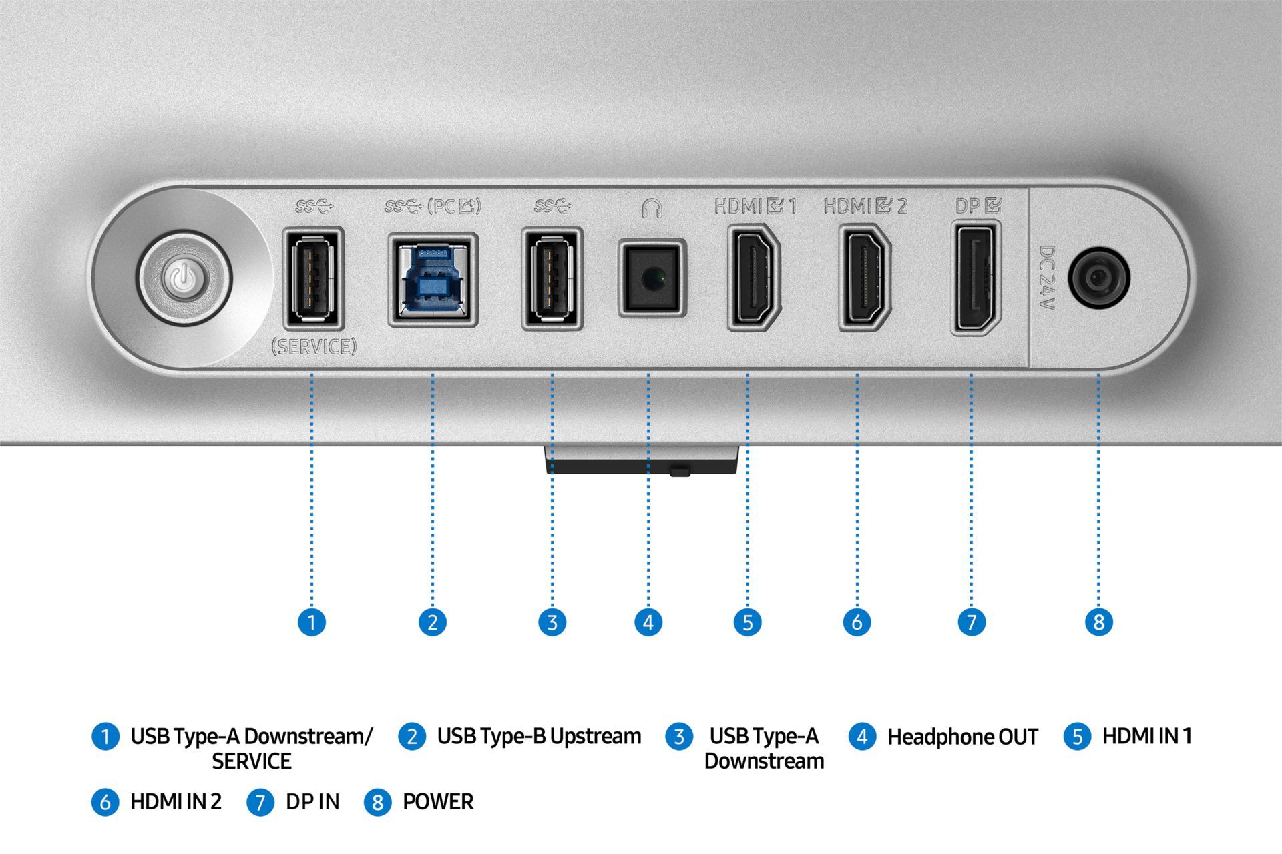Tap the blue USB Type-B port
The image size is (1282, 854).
coord(433,279)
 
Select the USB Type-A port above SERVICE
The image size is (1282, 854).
coord(313,278)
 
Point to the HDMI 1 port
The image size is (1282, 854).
coord(754,278)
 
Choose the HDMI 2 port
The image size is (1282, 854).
coord(865,278)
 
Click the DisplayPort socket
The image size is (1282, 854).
coord(976,279)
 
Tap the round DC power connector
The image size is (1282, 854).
coord(1099,278)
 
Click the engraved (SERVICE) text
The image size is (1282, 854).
coord(314,346)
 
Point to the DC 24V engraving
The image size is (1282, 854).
coord(1047,278)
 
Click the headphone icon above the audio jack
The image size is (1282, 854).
coord(652,209)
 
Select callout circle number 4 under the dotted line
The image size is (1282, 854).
coord(648,622)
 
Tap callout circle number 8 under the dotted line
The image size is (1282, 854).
coord(1099,622)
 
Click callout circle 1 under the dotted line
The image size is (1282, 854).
coord(311,622)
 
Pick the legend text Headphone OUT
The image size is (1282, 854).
coord(962,737)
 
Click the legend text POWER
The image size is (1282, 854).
coord(438,801)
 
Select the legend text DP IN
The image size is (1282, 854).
coord(312,801)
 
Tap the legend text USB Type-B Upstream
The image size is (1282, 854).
coord(539,737)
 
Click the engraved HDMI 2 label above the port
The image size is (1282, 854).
coord(865,205)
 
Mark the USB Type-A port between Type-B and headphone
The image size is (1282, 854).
coord(552,278)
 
